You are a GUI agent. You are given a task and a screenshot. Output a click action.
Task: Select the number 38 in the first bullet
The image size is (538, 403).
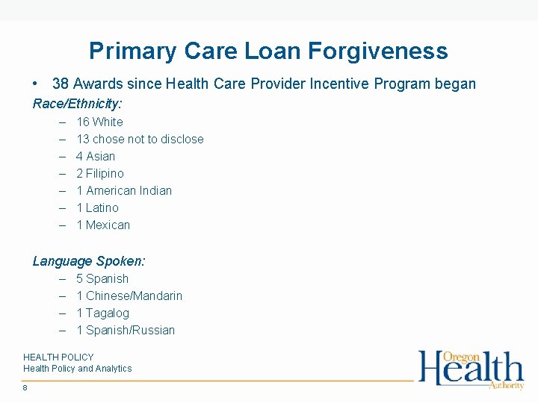pos(61,84)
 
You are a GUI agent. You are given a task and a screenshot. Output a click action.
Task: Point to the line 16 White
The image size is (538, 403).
pos(99,122)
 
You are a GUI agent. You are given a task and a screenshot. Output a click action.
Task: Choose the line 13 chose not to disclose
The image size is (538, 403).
pos(140,139)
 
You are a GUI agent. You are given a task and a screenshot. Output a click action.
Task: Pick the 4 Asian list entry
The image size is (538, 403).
pos(96,156)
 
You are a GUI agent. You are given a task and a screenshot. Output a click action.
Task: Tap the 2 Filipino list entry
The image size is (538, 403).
pos(100,173)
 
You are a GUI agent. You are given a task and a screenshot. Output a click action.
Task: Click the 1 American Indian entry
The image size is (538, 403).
pos(124,190)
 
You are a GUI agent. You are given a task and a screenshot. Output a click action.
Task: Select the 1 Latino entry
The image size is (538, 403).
pos(97,207)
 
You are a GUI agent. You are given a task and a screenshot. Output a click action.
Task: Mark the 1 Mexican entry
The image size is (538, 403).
pos(103,225)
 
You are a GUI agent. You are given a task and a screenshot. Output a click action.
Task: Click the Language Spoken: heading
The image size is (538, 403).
pos(89,261)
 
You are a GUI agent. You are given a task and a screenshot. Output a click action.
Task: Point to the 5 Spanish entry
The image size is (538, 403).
pos(102,278)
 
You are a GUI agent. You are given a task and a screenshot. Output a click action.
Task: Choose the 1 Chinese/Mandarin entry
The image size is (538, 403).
pos(129,296)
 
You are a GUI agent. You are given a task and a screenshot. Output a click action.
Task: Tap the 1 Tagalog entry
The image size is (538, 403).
pos(102,313)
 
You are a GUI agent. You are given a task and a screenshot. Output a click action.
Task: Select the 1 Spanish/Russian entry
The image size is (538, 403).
pos(126,330)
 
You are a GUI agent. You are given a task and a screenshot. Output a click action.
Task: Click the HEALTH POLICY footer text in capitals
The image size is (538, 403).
pos(58,357)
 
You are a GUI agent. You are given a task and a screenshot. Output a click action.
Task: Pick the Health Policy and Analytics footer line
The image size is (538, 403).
pos(77,369)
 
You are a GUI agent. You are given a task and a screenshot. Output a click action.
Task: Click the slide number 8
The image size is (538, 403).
pos(25,387)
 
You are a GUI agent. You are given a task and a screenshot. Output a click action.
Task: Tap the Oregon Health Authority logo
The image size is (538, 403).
pos(471,369)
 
